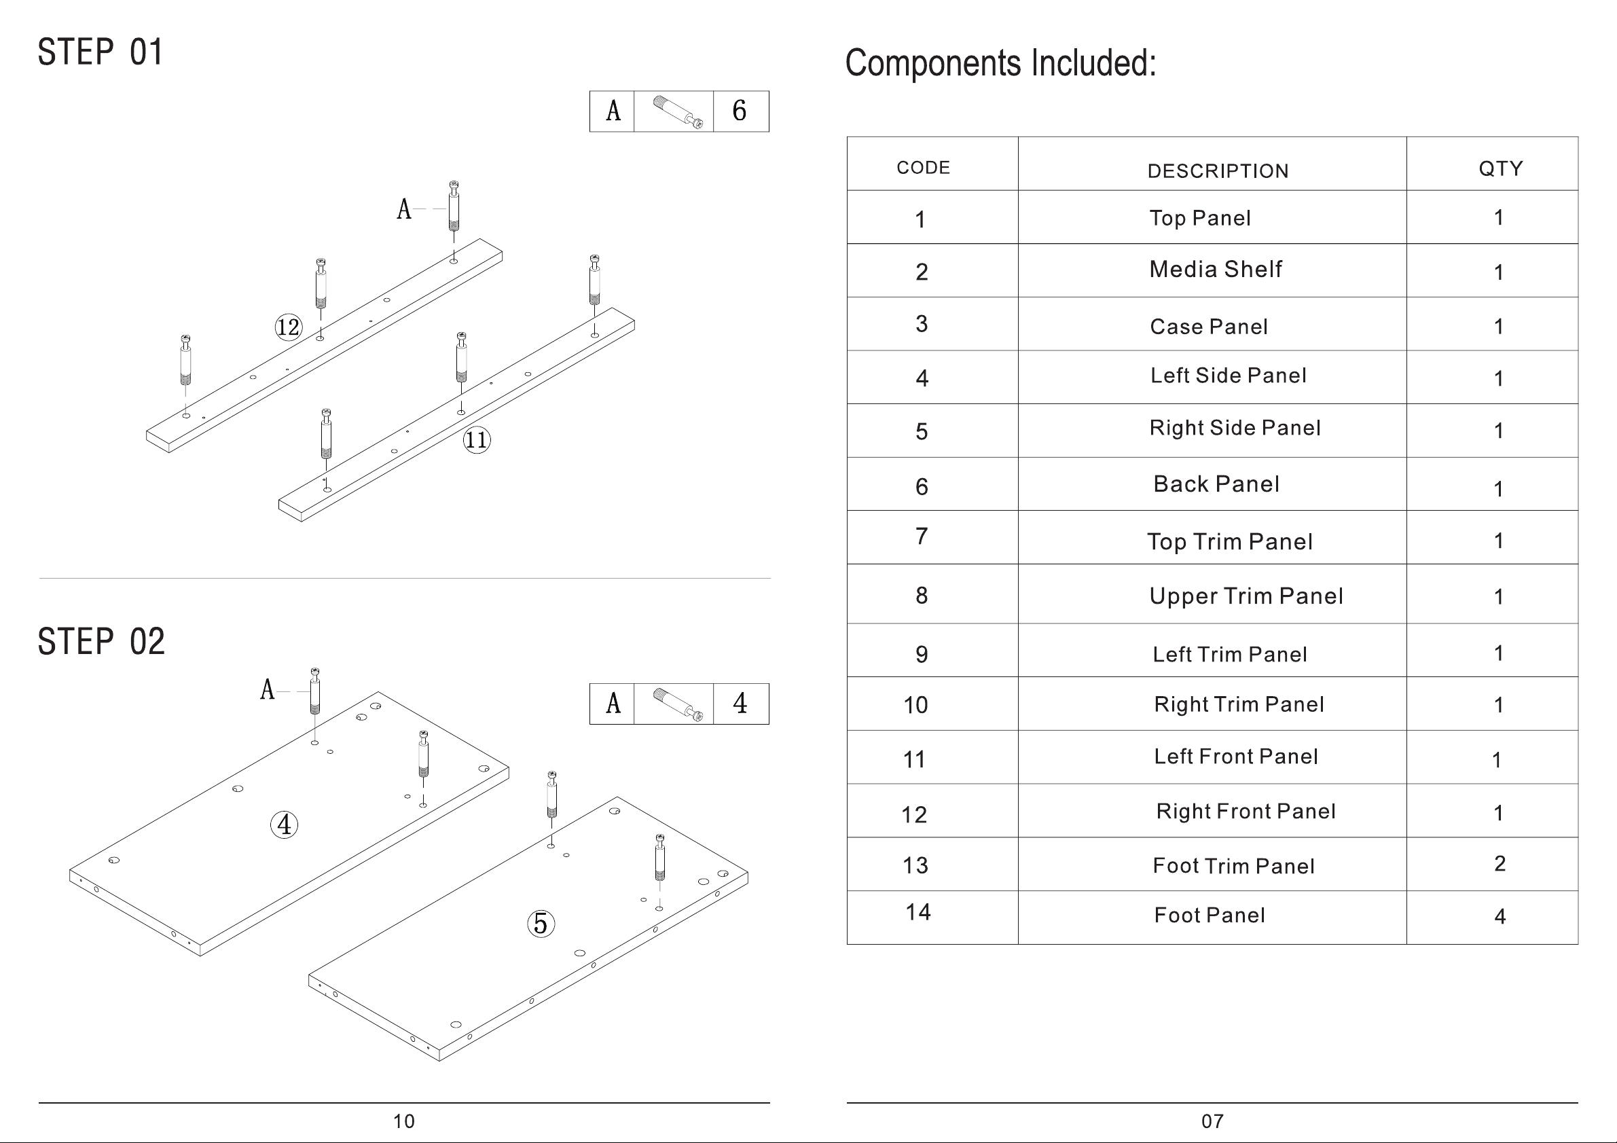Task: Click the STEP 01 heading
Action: point(100,53)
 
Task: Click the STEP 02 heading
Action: point(101,642)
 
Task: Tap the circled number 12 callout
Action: point(288,327)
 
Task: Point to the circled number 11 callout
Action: point(476,440)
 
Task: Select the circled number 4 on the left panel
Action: point(285,824)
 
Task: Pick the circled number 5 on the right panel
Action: point(541,923)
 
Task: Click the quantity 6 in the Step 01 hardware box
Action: point(740,111)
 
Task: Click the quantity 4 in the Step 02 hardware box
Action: point(740,703)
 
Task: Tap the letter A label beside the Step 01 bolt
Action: point(404,209)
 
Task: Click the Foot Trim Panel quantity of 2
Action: point(1500,863)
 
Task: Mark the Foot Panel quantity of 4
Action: point(1500,916)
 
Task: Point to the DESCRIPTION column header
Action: point(1218,171)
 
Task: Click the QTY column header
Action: point(1501,168)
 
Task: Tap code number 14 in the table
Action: point(917,913)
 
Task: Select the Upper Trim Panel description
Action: point(1246,596)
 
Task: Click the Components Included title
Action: point(1000,63)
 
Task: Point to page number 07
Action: point(1212,1121)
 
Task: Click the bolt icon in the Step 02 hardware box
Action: point(678,704)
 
